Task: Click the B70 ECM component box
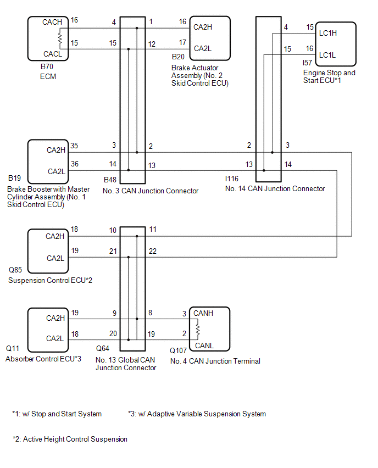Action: pyautogui.click(x=48, y=38)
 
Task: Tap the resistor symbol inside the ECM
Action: pyautogui.click(x=60, y=38)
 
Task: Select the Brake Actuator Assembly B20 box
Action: pyautogui.click(x=209, y=37)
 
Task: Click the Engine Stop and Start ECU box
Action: pyautogui.click(x=335, y=44)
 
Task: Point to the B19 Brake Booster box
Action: pyautogui.click(x=48, y=160)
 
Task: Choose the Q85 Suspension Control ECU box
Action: pyautogui.click(x=48, y=251)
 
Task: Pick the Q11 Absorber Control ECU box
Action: pyautogui.click(x=48, y=329)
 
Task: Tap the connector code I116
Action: pyautogui.click(x=234, y=179)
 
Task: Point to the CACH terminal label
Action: pyautogui.click(x=52, y=23)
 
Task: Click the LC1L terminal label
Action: pyautogui.click(x=327, y=55)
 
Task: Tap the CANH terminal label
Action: pyautogui.click(x=204, y=313)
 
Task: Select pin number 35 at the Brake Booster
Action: pyautogui.click(x=74, y=146)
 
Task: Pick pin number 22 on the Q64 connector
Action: pyautogui.click(x=152, y=251)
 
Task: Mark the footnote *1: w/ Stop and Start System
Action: pyautogui.click(x=57, y=414)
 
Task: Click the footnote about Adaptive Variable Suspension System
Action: pyautogui.click(x=197, y=414)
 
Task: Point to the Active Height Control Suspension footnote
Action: pyautogui.click(x=70, y=439)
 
